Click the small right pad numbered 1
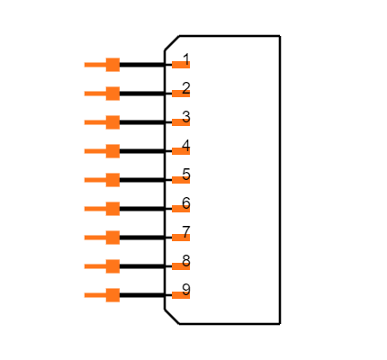tap(180, 65)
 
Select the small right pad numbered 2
tap(180, 94)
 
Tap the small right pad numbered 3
tap(180, 122)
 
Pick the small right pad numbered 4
tap(180, 151)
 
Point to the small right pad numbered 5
tap(180, 180)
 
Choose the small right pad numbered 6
tap(180, 209)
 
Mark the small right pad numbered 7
tap(180, 238)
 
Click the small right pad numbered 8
tap(180, 266)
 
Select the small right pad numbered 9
tap(180, 295)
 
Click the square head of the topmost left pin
tap(112, 65)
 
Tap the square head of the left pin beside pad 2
tap(112, 94)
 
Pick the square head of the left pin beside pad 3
tap(112, 122)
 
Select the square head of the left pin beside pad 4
tap(112, 151)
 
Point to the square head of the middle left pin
tap(112, 180)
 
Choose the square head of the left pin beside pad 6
tap(112, 209)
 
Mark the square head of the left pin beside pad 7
tap(112, 238)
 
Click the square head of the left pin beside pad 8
tap(112, 266)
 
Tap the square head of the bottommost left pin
tap(112, 295)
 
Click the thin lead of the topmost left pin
tap(94, 65)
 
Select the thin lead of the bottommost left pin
tap(94, 295)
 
